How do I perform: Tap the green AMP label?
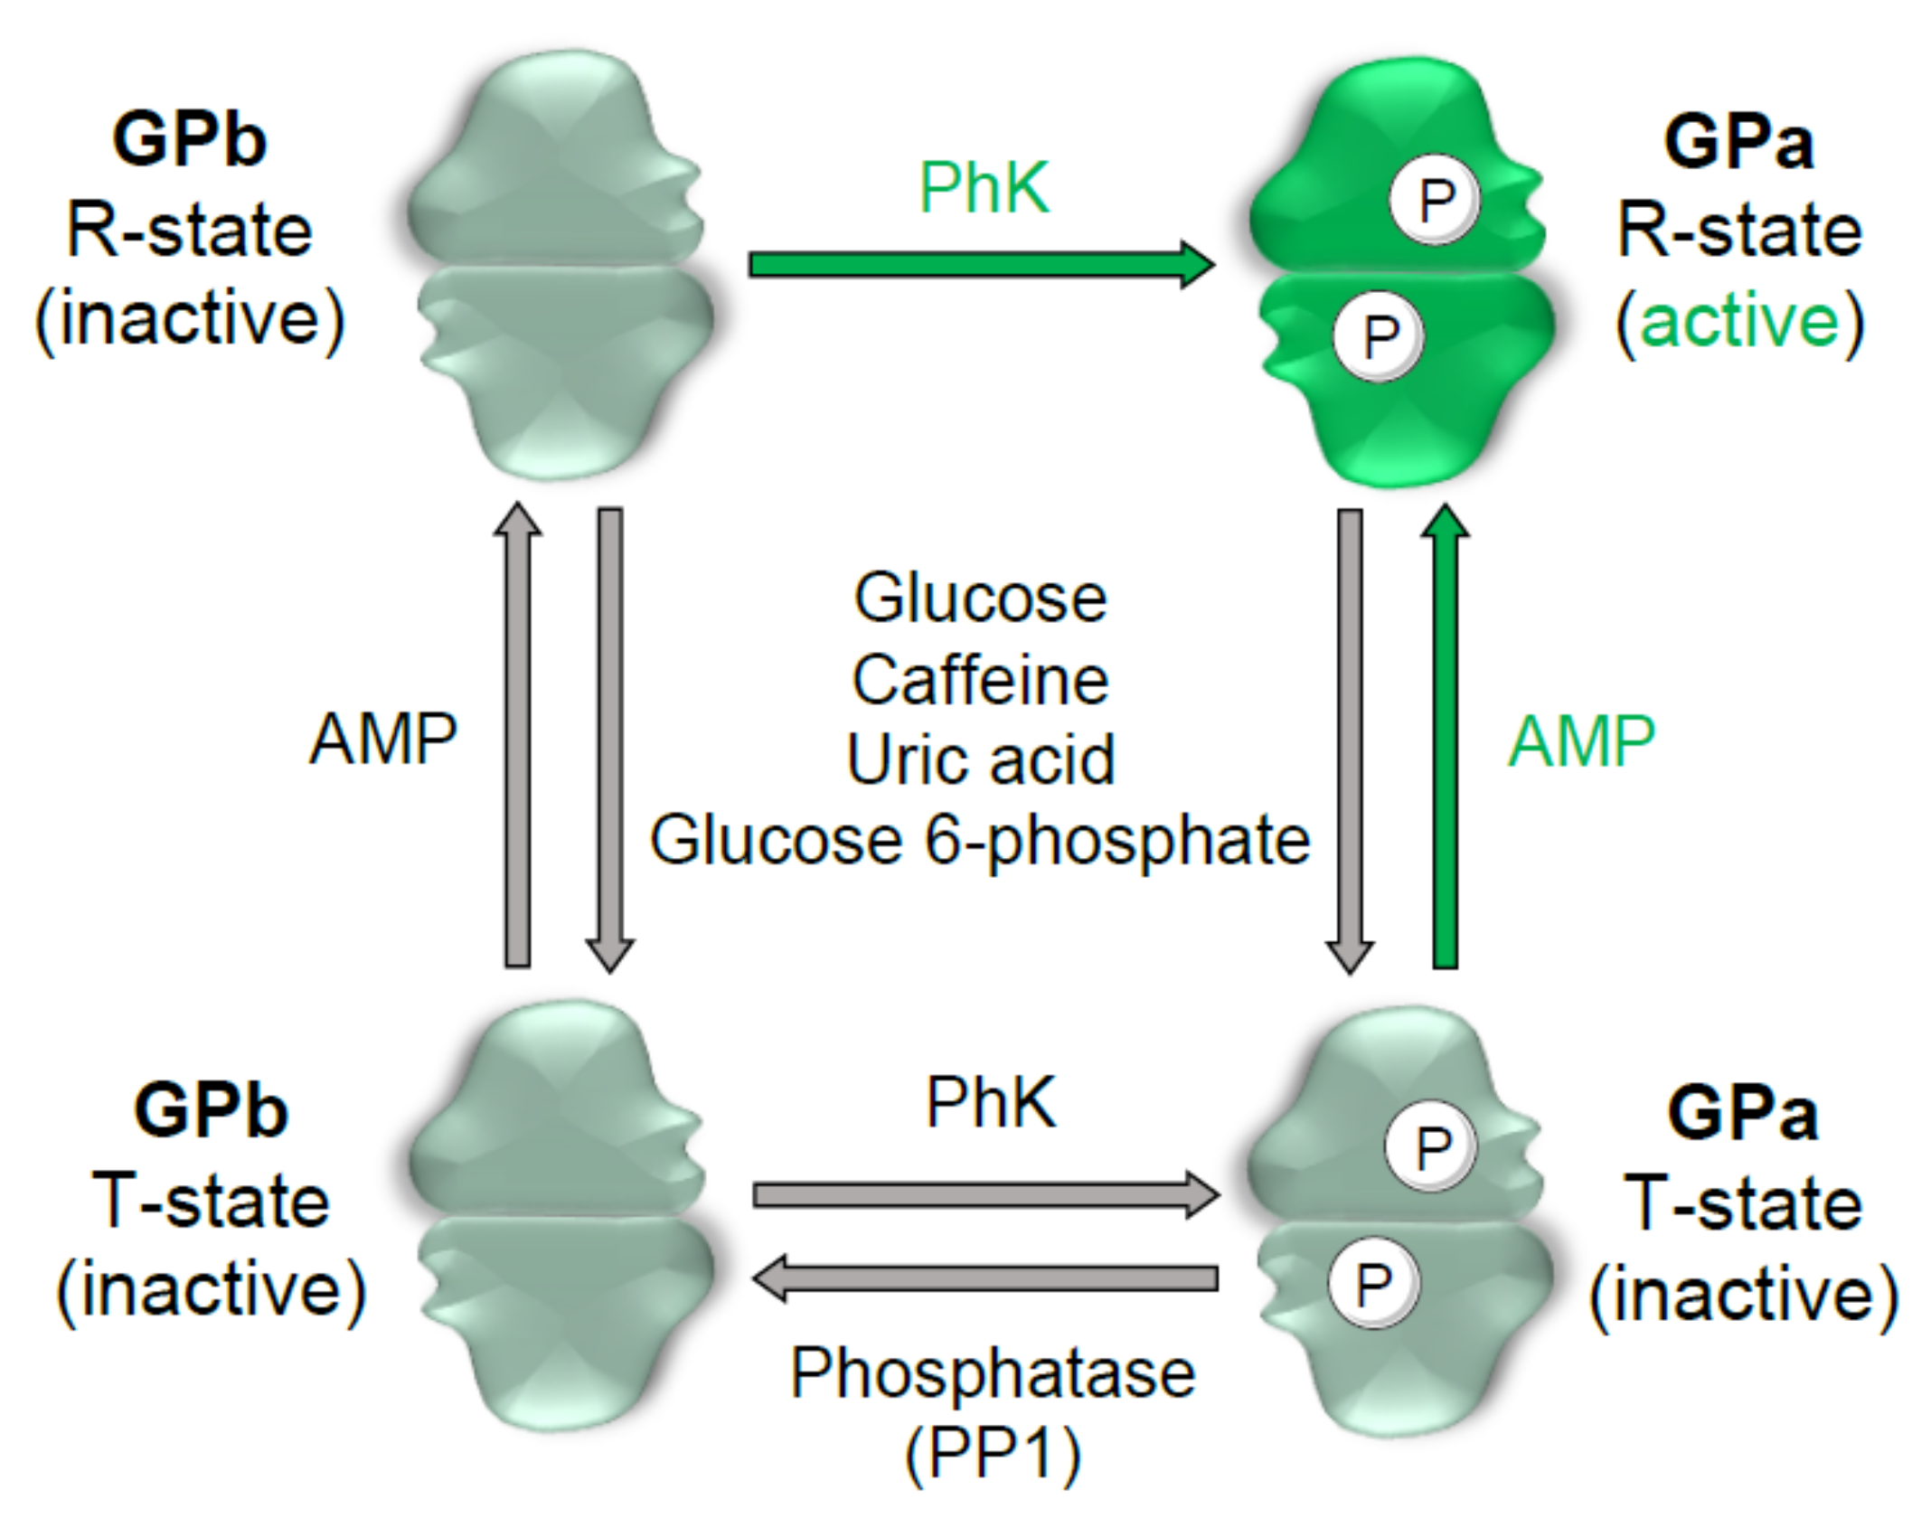[1581, 740]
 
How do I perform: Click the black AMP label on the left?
[383, 739]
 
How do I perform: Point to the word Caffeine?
[980, 680]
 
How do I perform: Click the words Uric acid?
[980, 759]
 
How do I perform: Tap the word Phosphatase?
[993, 1372]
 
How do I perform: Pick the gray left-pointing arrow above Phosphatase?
[985, 1278]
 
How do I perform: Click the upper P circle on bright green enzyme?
[1435, 200]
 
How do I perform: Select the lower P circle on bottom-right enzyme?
[1373, 1282]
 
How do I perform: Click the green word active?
[1739, 321]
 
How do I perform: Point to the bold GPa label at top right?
[1738, 143]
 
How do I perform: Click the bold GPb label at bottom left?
[211, 1110]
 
